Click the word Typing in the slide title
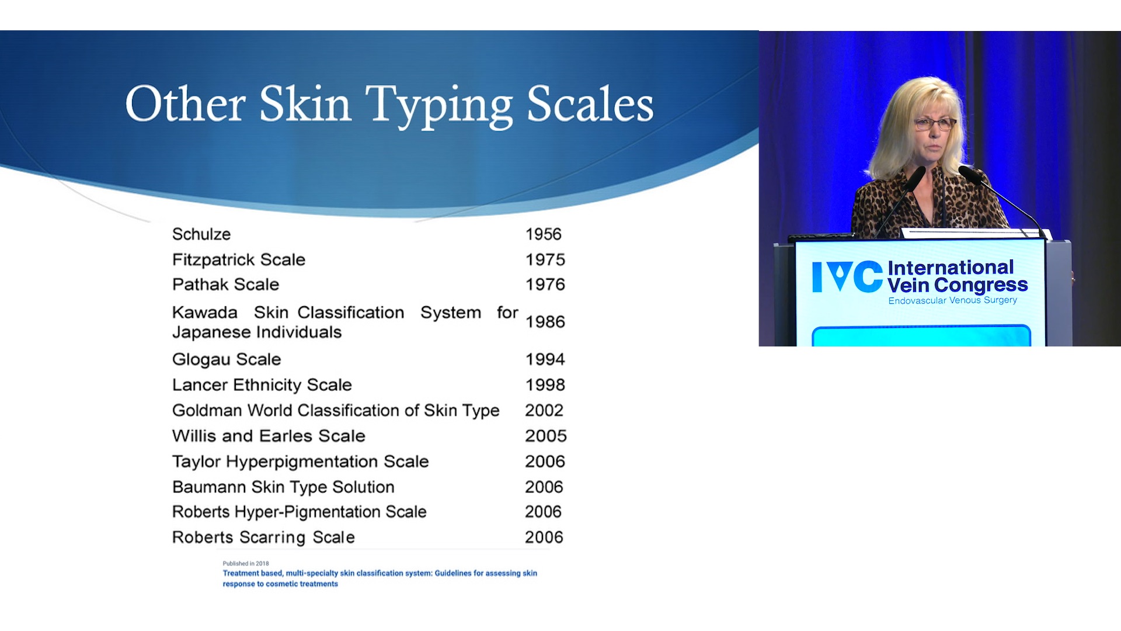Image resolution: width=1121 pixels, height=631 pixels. click(439, 105)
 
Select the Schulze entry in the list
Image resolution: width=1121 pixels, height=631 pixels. click(201, 234)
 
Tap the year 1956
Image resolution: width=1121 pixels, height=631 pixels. click(543, 234)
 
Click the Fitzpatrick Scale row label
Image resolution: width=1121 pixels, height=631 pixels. click(239, 260)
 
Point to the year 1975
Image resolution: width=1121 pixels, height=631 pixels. click(545, 260)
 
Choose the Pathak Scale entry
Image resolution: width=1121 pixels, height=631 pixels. click(225, 285)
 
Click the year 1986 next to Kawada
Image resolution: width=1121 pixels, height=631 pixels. click(545, 322)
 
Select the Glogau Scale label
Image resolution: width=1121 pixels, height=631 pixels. click(227, 360)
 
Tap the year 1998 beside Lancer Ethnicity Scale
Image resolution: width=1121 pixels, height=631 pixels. click(545, 385)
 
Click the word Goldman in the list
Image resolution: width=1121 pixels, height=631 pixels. click(207, 411)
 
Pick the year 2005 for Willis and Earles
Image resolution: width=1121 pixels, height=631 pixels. click(545, 436)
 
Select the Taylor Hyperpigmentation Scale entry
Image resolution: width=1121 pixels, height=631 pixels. click(301, 462)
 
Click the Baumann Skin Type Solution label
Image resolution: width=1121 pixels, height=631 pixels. click(283, 487)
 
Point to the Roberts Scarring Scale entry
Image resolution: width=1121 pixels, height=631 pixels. click(263, 538)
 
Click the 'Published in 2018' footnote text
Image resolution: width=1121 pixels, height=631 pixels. click(246, 564)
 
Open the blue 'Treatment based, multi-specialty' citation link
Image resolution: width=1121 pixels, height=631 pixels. click(380, 578)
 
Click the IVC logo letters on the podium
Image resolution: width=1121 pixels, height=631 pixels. click(847, 276)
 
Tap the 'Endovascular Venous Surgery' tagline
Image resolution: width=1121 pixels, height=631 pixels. click(953, 300)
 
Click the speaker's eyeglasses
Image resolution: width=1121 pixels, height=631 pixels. click(934, 124)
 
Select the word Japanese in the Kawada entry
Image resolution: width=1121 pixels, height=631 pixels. click(208, 332)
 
